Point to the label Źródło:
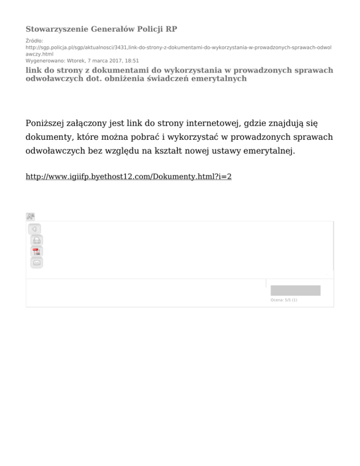[x=34, y=41]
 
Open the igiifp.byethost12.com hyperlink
[x=128, y=178]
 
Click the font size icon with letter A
[x=30, y=217]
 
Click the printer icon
[x=37, y=241]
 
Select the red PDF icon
[x=37, y=252]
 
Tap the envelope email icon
[x=37, y=263]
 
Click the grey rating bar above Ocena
[x=295, y=290]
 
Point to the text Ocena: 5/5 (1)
[x=284, y=300]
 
